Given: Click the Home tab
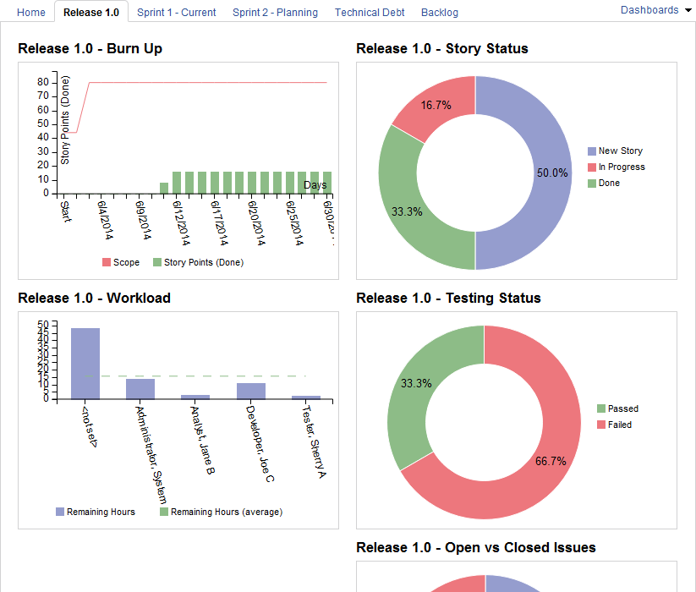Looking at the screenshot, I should point(31,13).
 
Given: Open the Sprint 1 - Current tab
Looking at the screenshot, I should point(176,13).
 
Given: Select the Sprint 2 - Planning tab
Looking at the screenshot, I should point(275,13).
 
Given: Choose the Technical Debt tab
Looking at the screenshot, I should point(370,13).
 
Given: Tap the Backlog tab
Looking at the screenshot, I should point(440,13).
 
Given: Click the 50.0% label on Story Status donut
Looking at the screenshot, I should point(552,173).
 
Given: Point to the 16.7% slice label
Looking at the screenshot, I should point(436,106).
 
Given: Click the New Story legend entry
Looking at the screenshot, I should point(620,151).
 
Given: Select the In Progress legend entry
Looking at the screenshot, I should point(622,167).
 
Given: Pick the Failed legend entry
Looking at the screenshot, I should point(619,425).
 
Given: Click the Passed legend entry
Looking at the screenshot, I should point(622,408).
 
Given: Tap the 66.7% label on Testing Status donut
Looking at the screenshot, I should point(551,461).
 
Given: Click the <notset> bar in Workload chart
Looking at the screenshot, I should point(85,364).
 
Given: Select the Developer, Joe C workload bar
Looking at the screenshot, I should point(251,391).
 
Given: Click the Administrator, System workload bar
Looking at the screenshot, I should point(140,388).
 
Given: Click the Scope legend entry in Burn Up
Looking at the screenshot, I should point(126,262).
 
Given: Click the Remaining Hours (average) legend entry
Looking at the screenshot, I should point(226,512).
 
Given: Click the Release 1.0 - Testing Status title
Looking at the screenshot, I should point(448,298).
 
